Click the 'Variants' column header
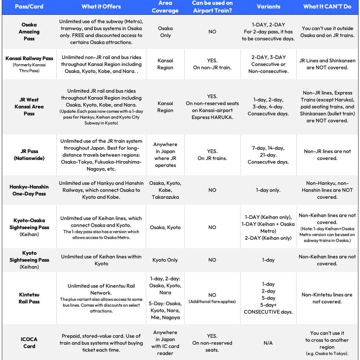pos(268,7)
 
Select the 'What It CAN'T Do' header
pos(327,7)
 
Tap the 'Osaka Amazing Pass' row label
pos(29,31)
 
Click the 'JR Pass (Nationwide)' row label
pos(29,155)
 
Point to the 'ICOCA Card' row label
pos(29,343)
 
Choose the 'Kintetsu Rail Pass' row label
pos(29,298)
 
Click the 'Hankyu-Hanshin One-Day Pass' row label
pos(29,190)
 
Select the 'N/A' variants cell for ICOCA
pos(268,343)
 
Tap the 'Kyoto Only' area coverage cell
pos(165,260)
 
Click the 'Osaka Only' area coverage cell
pos(165,31)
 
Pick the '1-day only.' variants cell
pos(268,190)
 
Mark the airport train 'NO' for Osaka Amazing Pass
pos(212,31)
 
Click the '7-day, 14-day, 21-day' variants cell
pos(268,155)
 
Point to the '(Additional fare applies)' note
pos(212,302)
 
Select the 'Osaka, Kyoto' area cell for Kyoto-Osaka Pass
pos(165,227)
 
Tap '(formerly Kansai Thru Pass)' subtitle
pos(29,67)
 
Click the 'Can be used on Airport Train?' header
pos(212,7)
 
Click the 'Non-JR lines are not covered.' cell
pos(327,155)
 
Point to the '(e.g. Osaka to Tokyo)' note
pos(327,353)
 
